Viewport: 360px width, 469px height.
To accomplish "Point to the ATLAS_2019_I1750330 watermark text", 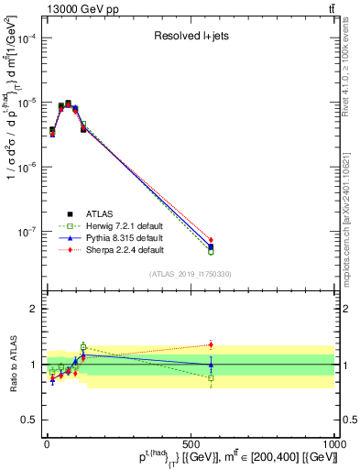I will (x=191, y=274).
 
